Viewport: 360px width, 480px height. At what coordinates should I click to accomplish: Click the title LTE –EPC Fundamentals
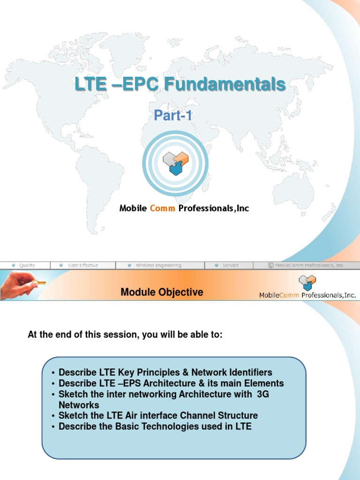tap(180, 85)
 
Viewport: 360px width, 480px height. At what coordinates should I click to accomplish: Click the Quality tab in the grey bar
tap(27, 265)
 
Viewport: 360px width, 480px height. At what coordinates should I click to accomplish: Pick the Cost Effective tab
tap(83, 265)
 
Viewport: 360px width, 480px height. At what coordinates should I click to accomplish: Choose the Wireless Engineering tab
tap(158, 265)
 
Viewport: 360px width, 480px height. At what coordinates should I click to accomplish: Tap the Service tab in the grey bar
tap(230, 265)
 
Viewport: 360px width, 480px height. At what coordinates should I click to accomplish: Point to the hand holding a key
tap(21, 284)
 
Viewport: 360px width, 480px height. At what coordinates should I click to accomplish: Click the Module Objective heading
tap(162, 292)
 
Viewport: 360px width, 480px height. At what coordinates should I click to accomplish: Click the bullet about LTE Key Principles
tap(165, 373)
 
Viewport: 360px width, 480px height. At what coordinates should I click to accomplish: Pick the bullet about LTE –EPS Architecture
tap(171, 383)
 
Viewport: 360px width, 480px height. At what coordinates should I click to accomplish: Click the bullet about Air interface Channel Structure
tap(158, 416)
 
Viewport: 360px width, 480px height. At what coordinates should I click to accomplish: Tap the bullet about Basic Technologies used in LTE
tap(155, 427)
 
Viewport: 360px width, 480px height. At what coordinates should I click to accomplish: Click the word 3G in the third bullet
tap(263, 394)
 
